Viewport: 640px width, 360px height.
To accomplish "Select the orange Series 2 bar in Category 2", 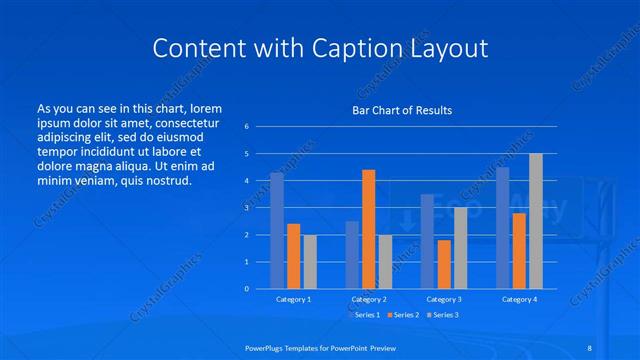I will [x=369, y=229].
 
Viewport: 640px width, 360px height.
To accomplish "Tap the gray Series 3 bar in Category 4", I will [x=536, y=221].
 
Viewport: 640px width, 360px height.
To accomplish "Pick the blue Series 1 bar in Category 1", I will [x=277, y=231].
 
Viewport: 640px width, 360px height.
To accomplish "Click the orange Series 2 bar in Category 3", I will [x=444, y=264].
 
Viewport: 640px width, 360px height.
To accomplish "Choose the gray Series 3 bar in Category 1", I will [x=310, y=261].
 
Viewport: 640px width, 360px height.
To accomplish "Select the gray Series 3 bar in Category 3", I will [x=460, y=248].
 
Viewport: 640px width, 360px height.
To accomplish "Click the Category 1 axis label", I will [x=293, y=299].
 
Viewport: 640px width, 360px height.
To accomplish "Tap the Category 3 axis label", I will [x=444, y=299].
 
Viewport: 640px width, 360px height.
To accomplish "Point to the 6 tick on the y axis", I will [x=246, y=127].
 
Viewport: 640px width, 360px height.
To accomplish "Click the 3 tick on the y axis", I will [x=246, y=208].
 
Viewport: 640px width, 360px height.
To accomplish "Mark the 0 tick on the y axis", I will [x=246, y=289].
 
